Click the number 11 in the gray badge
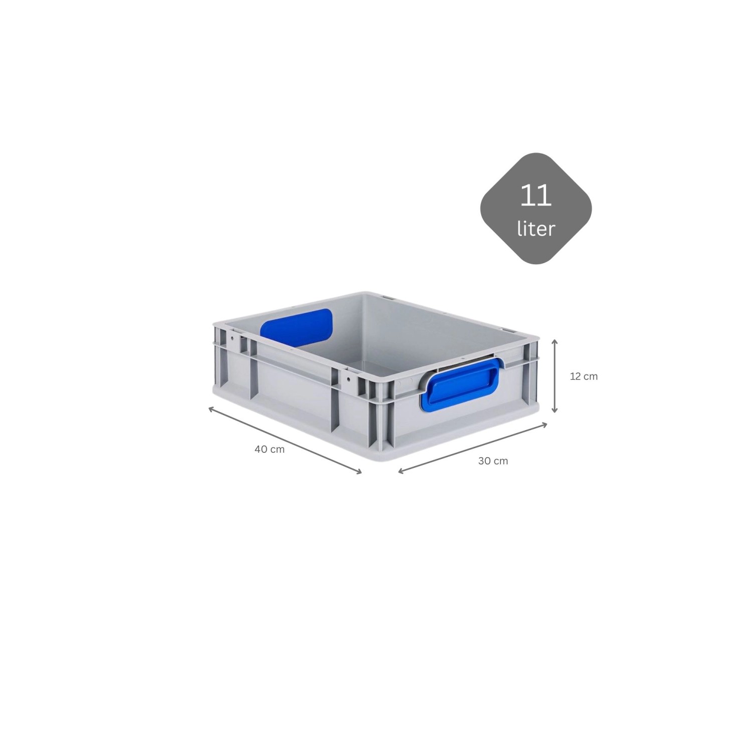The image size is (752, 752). [536, 196]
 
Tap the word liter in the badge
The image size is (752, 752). [536, 229]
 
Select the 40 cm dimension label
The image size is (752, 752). [269, 449]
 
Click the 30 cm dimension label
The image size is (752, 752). [493, 461]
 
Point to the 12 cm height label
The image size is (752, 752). [584, 376]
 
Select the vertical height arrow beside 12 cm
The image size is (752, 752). [554, 376]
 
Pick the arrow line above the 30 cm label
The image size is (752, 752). [472, 448]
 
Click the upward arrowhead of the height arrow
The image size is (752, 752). [554, 341]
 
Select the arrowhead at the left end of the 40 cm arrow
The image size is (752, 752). [210, 408]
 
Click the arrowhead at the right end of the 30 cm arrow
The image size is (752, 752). [545, 425]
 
